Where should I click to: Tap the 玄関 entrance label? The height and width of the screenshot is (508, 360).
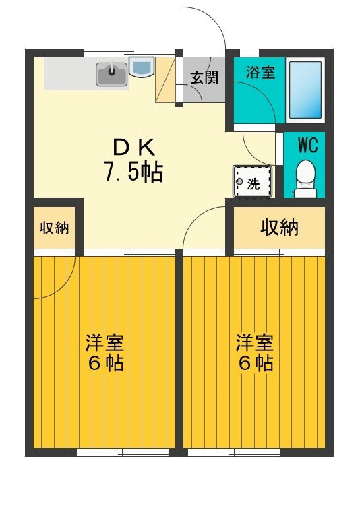point(204,77)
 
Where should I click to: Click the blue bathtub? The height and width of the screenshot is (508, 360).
point(305,90)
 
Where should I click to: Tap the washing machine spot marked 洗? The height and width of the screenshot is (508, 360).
point(252,181)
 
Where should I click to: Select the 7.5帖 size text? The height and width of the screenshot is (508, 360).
point(133,173)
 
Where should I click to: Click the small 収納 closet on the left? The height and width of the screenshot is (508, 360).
point(54,228)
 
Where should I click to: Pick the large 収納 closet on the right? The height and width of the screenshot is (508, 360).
point(279,228)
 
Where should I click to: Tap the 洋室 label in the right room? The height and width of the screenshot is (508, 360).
point(254,342)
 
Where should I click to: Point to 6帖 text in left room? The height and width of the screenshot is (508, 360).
point(104,364)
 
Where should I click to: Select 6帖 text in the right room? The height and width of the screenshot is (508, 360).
point(254,364)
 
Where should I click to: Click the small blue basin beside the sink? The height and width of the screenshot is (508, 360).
point(142,67)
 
